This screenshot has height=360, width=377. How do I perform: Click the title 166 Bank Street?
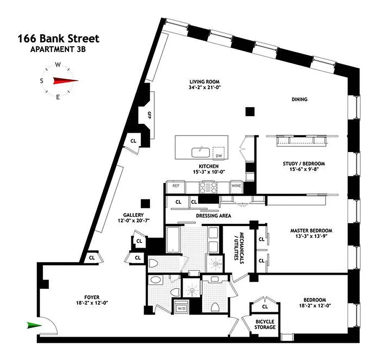59,39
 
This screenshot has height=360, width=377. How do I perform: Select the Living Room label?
204,82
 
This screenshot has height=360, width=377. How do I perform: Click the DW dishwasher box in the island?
219,153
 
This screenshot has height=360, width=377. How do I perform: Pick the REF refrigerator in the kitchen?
173,185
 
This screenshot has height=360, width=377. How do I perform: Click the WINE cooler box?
236,185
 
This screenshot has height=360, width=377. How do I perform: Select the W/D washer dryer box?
182,308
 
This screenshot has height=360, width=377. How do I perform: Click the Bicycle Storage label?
265,324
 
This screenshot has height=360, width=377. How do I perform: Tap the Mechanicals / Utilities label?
238,248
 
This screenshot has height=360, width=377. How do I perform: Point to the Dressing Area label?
214,216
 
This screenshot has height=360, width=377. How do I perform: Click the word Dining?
299,99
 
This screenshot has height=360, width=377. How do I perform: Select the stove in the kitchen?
209,185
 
